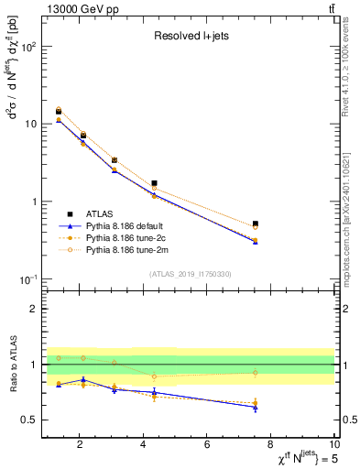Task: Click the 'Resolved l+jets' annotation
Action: (x=191, y=37)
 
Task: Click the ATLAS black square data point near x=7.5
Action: (x=256, y=224)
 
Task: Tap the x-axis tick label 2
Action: (x=80, y=444)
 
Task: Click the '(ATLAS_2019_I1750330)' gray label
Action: (x=191, y=274)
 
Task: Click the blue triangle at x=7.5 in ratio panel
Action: (x=256, y=407)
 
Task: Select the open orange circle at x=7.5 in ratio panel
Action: (x=256, y=373)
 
